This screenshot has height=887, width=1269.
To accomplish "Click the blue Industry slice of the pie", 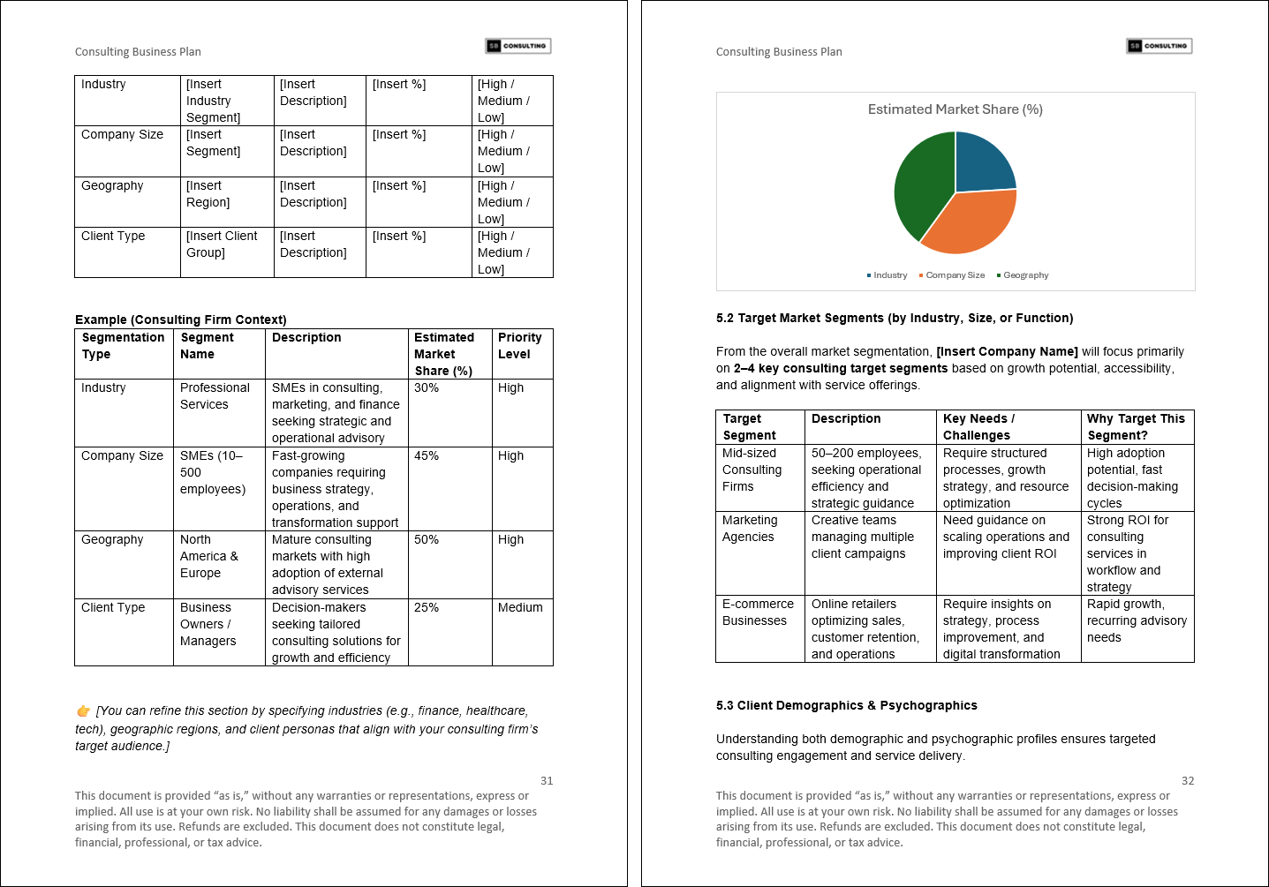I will pos(982,164).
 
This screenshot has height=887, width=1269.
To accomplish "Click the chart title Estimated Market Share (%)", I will pos(955,109).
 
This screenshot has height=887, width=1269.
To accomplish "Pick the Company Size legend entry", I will pos(954,275).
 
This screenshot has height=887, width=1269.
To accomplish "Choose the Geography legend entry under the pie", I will pos(1024,275).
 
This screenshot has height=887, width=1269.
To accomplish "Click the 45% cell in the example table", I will pos(427,456).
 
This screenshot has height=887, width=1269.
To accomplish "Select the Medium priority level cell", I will pos(520,608).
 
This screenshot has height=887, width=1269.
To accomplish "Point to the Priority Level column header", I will pos(520,346).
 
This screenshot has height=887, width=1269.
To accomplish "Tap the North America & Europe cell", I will pos(209,556).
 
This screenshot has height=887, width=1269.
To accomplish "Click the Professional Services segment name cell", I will pos(215,396).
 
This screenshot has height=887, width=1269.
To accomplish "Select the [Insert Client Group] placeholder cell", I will pos(222,244).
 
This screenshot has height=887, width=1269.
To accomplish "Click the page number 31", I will pos(547,781).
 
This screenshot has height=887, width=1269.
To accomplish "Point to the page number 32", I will pos(1188,781).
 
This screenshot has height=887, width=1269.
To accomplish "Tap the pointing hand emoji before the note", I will pos(83,711).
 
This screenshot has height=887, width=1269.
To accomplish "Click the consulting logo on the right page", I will pos(1159,46).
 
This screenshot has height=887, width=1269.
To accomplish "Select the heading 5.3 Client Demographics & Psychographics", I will pos(846,705).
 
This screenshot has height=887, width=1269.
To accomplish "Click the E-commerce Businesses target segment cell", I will pos(758,613).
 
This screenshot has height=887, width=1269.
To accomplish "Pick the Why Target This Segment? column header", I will pos(1136,427).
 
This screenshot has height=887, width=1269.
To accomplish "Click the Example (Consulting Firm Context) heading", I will pos(180,319).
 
